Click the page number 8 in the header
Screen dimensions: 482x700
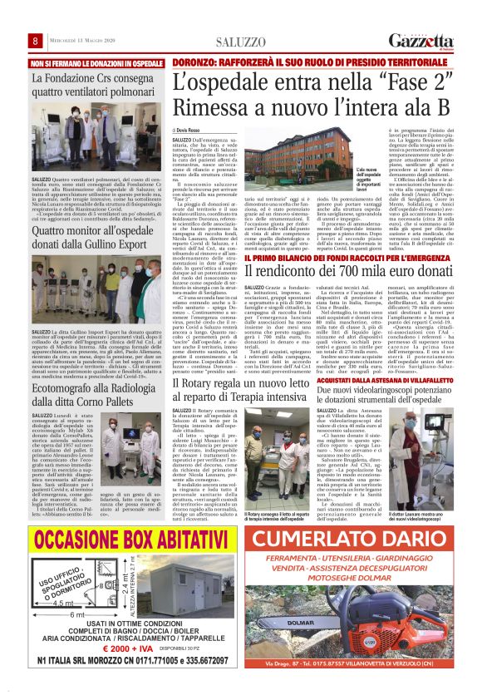(x=37, y=42)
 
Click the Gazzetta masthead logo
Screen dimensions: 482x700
(x=422, y=42)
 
